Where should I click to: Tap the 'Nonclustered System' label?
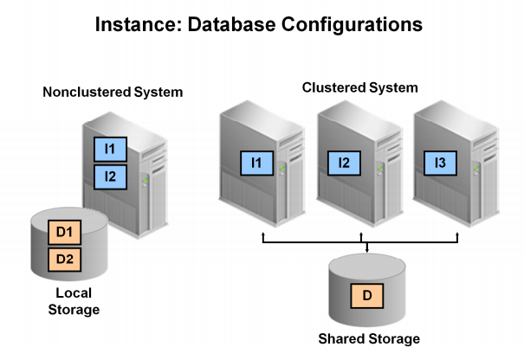(x=113, y=93)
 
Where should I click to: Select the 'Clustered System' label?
(x=359, y=87)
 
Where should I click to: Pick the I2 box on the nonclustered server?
(x=110, y=178)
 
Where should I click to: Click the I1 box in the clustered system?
(x=256, y=162)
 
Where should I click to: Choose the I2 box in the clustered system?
(x=344, y=162)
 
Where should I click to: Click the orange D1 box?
(x=63, y=232)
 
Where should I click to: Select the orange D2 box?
(x=63, y=258)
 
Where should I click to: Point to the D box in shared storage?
(x=367, y=296)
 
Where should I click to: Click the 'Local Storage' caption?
(x=74, y=302)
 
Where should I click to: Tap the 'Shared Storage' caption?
(x=368, y=338)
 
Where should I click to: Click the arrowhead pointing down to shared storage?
(x=368, y=251)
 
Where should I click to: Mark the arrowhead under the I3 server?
(x=458, y=235)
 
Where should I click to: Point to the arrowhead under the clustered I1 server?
(x=262, y=235)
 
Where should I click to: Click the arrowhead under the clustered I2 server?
(x=361, y=235)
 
